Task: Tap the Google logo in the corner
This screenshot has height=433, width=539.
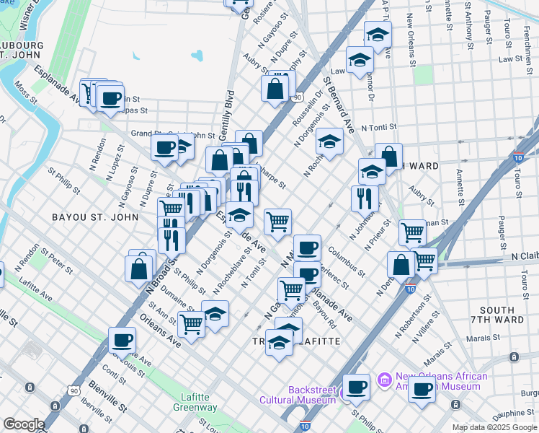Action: [23, 424]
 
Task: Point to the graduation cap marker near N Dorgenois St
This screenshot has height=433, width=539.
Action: [329, 140]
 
